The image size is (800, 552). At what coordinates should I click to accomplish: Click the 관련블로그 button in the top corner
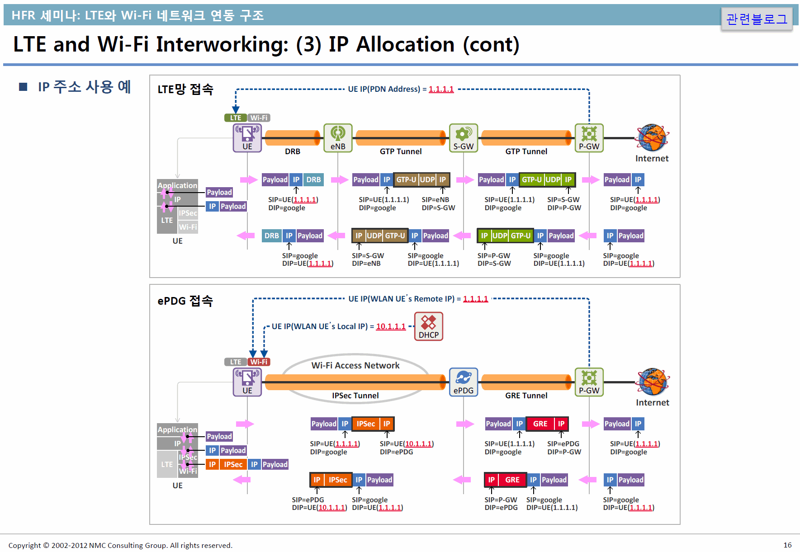click(757, 19)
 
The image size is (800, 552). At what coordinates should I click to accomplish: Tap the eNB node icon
click(338, 138)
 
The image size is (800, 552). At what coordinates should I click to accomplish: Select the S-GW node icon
click(464, 138)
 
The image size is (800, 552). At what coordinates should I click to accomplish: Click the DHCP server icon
click(429, 326)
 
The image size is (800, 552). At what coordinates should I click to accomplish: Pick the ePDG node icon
click(464, 382)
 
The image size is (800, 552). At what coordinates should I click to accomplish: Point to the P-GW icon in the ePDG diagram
click(589, 382)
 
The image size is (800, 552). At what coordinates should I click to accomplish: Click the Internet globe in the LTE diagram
click(652, 138)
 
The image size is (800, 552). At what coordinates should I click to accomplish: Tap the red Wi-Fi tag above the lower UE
click(259, 362)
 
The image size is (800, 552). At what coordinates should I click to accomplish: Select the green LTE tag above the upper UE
click(236, 118)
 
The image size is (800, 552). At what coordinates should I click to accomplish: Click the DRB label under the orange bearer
click(293, 151)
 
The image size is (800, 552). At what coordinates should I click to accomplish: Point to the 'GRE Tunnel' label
click(526, 396)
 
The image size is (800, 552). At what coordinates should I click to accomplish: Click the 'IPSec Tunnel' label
click(355, 396)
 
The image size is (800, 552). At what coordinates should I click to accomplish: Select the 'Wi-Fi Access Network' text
click(355, 365)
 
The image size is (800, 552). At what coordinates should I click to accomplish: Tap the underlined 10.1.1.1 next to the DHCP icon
click(391, 326)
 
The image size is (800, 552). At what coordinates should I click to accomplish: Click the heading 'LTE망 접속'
click(185, 89)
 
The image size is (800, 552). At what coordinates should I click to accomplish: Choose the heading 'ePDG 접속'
click(185, 301)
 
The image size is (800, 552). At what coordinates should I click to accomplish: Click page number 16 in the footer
click(787, 545)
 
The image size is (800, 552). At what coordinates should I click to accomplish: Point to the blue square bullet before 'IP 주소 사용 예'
click(23, 86)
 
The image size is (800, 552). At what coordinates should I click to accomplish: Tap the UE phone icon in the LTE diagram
click(247, 138)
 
